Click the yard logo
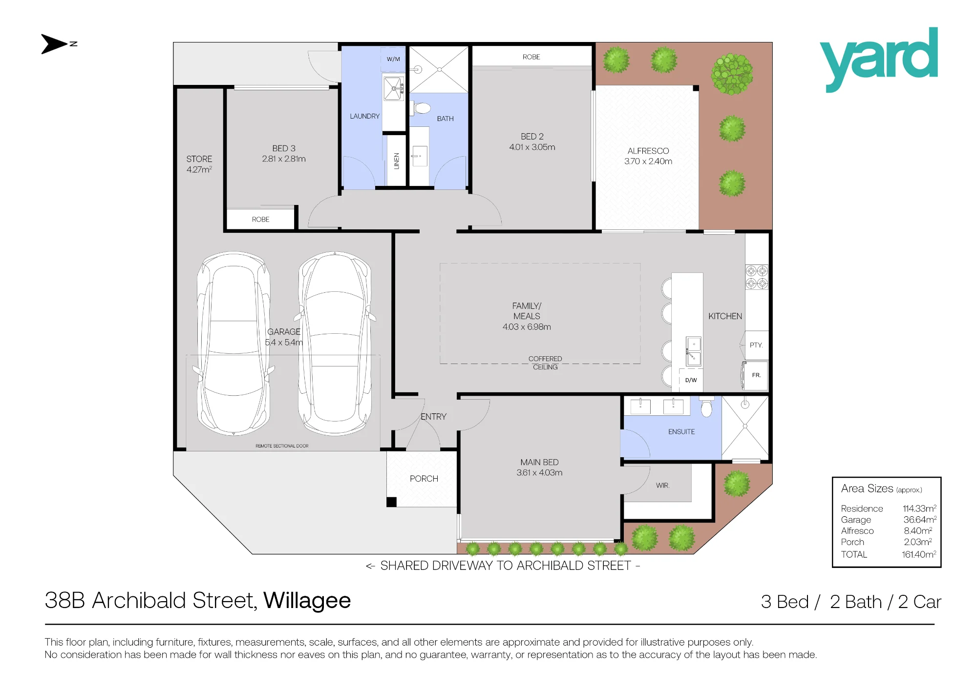pos(879,59)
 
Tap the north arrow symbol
pos(59,44)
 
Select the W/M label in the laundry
pos(393,59)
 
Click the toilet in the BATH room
pos(421,108)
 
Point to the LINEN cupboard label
pos(397,161)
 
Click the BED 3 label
pos(284,148)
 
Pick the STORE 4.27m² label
pos(199,164)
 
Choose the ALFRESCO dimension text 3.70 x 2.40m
pos(648,162)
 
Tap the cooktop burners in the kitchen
pos(757,277)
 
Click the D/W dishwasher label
pos(691,380)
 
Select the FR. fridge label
pos(756,375)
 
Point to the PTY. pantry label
pos(756,345)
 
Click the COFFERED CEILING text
pos(545,363)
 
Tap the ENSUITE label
pos(681,432)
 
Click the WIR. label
pos(663,486)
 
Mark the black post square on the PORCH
pos(391,502)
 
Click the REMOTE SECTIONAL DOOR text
pos(282,446)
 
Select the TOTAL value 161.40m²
pos(919,554)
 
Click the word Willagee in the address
pos(307,601)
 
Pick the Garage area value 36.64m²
pos(920,520)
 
